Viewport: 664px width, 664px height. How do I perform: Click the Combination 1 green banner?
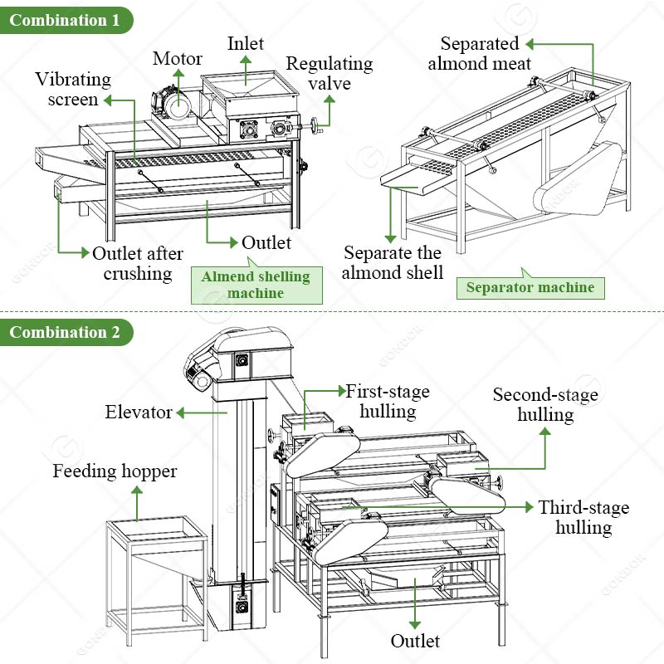point(65,21)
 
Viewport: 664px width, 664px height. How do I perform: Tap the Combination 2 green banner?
point(65,333)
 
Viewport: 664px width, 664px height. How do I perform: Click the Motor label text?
point(177,59)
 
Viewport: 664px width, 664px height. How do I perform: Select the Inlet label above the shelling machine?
point(247,43)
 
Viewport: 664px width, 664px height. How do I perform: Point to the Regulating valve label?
point(330,74)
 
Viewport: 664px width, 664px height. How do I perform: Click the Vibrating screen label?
point(73,90)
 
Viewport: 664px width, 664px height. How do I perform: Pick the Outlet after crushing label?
point(138,263)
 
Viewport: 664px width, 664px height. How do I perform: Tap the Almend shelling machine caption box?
point(256,285)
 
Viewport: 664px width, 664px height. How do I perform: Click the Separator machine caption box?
point(530,288)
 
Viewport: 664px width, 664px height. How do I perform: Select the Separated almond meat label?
point(480,53)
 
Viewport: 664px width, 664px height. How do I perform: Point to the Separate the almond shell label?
point(393,262)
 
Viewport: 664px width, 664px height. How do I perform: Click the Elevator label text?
point(139,412)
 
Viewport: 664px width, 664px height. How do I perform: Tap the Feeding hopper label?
point(115,471)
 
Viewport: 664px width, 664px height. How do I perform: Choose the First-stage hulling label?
point(388,400)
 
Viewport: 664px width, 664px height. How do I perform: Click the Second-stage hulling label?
point(545,404)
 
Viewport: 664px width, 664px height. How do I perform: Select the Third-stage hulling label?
point(583,517)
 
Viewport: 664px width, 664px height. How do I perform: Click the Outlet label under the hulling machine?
point(415,641)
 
